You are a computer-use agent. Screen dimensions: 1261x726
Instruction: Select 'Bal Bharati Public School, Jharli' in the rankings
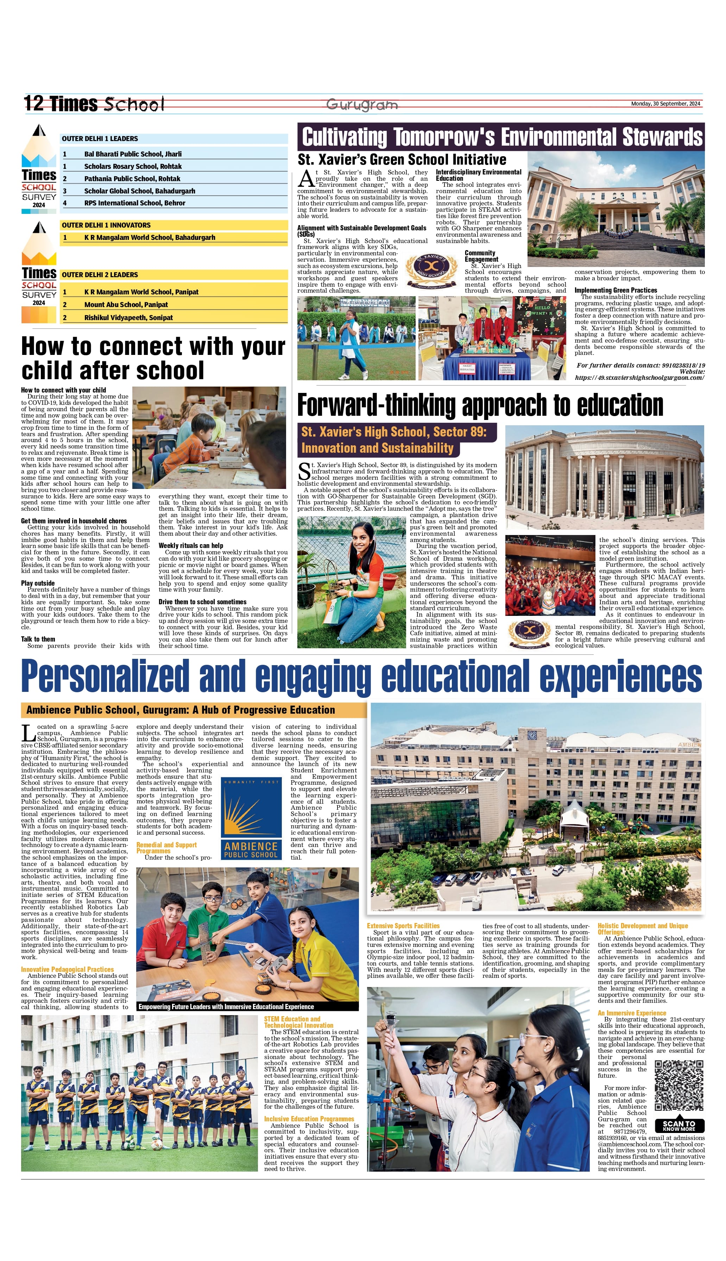133,154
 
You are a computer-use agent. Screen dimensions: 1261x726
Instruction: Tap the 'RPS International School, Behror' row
135,203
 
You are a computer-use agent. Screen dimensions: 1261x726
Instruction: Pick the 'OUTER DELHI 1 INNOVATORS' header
106,225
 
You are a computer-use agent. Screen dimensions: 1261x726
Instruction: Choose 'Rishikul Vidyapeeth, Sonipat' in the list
129,317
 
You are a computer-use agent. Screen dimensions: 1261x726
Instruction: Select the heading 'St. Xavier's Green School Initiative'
402,159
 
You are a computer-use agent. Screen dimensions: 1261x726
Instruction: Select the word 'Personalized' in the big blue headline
105,677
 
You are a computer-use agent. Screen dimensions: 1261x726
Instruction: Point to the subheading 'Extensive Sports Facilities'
403,925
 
